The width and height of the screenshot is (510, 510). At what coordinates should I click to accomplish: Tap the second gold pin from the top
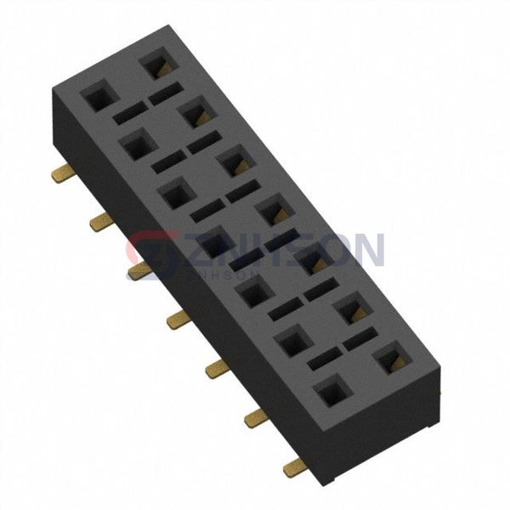coord(100,223)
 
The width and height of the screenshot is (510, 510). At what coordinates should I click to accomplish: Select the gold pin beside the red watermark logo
coord(139,271)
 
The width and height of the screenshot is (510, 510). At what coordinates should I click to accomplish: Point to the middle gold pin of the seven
coord(178,320)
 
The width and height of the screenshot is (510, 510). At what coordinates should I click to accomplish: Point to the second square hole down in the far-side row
coord(195,112)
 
